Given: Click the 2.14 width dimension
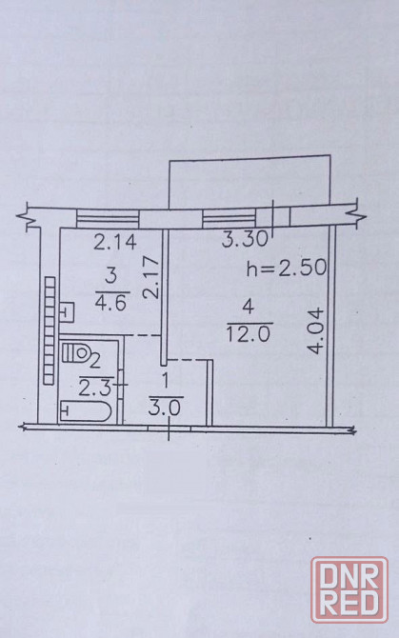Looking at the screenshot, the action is [x=114, y=242].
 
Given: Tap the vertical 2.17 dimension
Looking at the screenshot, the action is [x=151, y=277].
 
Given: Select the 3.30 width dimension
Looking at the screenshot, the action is [x=245, y=239].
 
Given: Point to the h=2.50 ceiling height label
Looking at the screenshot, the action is [x=287, y=268].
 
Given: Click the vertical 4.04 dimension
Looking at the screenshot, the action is [x=316, y=331].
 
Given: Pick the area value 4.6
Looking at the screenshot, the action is [x=111, y=303].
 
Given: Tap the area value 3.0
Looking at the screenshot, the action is [x=165, y=408].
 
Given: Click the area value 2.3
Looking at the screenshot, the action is [x=95, y=389].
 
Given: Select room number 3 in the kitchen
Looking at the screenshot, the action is [x=110, y=277].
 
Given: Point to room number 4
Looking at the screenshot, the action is [x=249, y=306].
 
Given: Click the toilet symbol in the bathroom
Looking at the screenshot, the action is [x=75, y=352].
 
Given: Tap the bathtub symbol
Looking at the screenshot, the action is [x=86, y=410].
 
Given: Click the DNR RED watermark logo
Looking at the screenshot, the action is [x=349, y=589].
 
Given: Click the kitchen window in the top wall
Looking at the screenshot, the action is [x=108, y=218].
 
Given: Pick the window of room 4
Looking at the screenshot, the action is [x=229, y=218].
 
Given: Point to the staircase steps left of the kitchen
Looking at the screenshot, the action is [x=50, y=330].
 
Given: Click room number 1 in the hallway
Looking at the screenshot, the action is [x=165, y=381].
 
